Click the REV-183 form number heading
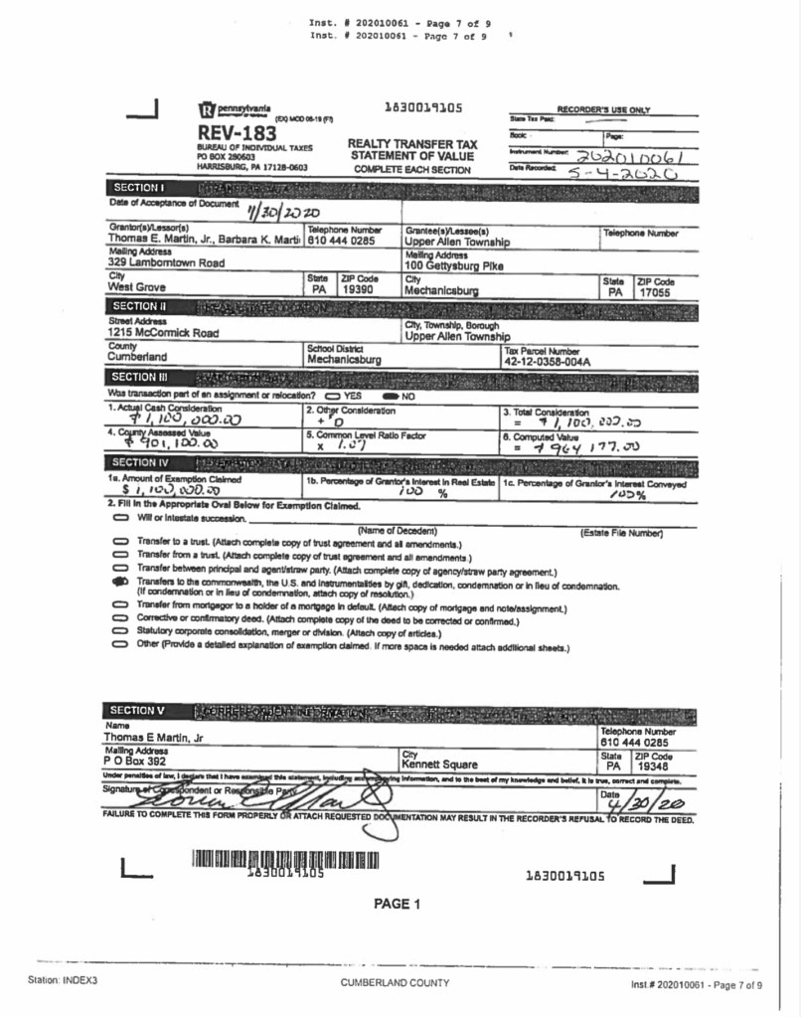[237, 132]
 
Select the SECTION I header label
[138, 187]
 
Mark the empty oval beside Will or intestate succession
[120, 518]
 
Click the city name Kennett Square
[439, 764]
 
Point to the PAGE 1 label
[398, 904]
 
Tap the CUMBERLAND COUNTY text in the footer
[395, 983]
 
